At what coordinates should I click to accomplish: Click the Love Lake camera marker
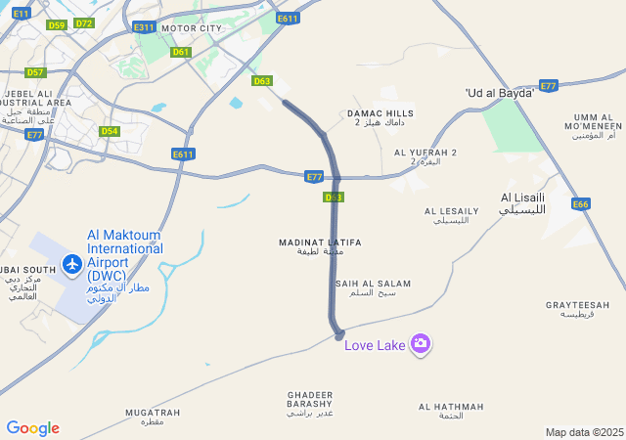click(x=421, y=343)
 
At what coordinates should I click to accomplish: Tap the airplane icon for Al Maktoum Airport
click(x=71, y=263)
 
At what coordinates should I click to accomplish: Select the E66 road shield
click(x=581, y=204)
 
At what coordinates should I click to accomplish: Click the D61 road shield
click(x=180, y=52)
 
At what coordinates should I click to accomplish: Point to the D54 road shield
click(x=109, y=131)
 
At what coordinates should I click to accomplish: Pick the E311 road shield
click(x=144, y=27)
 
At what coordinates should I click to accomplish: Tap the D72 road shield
click(x=84, y=23)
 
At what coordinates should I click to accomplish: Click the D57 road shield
click(x=35, y=72)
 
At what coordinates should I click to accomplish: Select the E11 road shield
click(x=22, y=13)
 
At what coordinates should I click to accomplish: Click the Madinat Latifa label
click(x=320, y=246)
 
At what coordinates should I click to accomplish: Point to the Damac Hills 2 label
click(x=380, y=118)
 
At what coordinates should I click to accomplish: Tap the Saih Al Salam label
click(x=373, y=287)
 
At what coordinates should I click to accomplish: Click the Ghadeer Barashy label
click(x=310, y=403)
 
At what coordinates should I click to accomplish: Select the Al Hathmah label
click(x=451, y=411)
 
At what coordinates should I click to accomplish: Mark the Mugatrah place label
click(x=153, y=417)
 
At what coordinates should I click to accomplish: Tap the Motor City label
click(x=191, y=29)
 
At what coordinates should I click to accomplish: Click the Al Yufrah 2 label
click(x=425, y=156)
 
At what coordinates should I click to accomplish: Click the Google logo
click(x=32, y=428)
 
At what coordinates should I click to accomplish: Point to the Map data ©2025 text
click(x=584, y=432)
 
